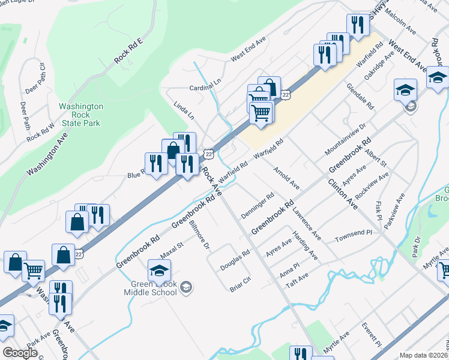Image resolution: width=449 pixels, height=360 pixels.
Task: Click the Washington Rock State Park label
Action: coord(81,115)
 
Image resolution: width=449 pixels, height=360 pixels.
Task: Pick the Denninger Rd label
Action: coord(258,205)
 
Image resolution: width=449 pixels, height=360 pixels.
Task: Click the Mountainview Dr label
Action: coord(345,141)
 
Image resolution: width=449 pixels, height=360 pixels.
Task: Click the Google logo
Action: coord(20,353)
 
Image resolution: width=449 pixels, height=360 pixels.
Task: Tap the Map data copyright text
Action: coord(423,355)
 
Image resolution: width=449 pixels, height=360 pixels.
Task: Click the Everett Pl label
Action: coord(371,334)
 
